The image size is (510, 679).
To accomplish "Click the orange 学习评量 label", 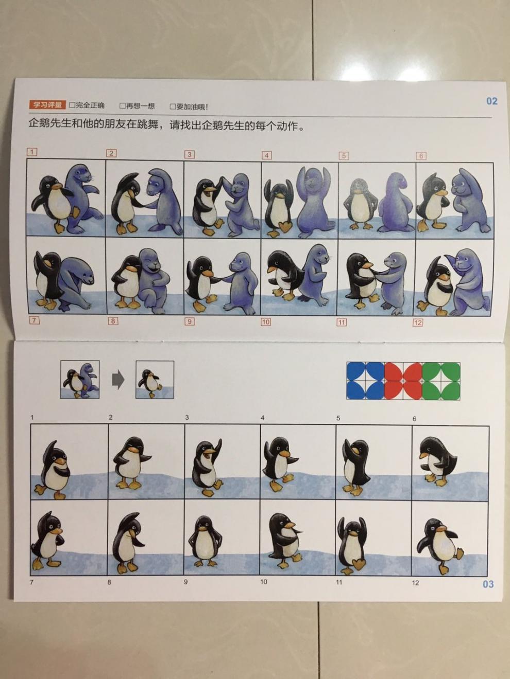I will tap(47, 104).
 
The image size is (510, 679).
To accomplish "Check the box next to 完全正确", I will tap(72, 105).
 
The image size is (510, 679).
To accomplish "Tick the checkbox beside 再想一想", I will tap(123, 106).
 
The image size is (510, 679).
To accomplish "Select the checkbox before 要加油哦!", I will tap(173, 106).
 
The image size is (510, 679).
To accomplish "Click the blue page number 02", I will tap(491, 101).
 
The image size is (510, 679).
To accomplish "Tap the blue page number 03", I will tap(488, 584).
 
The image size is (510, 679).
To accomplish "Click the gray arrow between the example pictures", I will tap(118, 380).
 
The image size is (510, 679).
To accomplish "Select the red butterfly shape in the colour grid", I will tap(403, 381).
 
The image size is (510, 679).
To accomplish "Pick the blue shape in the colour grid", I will tap(365, 381).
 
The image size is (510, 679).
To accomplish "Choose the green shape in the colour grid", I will tap(441, 381).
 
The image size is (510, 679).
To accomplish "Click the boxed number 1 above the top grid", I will tap(32, 152).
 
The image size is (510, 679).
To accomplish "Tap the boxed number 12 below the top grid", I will tap(417, 323).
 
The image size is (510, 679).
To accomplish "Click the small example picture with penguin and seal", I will tap(80, 380).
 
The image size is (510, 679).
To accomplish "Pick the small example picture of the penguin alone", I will tap(155, 380).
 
